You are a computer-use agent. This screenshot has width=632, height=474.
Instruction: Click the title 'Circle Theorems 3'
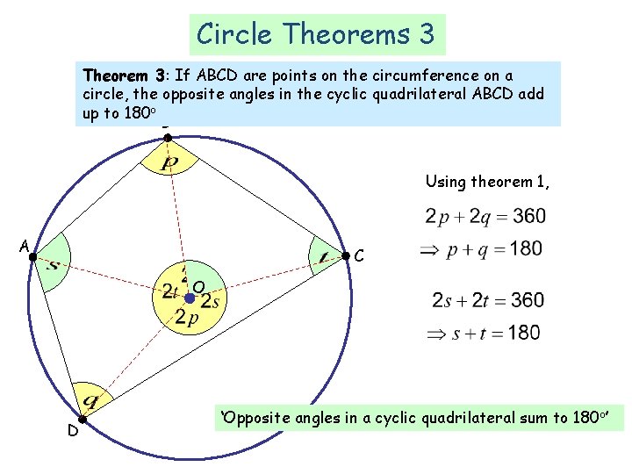316,34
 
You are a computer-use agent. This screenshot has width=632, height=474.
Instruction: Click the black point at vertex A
32,256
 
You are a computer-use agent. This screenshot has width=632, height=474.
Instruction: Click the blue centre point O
189,298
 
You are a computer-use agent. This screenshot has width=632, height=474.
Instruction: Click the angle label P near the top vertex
169,164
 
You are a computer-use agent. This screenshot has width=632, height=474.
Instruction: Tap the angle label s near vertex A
54,262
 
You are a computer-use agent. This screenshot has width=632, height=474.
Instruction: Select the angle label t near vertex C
323,257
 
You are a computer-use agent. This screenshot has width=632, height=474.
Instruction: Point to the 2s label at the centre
211,300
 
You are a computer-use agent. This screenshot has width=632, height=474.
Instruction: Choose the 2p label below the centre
187,318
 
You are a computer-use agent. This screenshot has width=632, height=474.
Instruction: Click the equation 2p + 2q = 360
485,216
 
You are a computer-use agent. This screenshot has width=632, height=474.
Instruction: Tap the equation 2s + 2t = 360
487,300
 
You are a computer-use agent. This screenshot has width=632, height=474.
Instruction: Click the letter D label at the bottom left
73,432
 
